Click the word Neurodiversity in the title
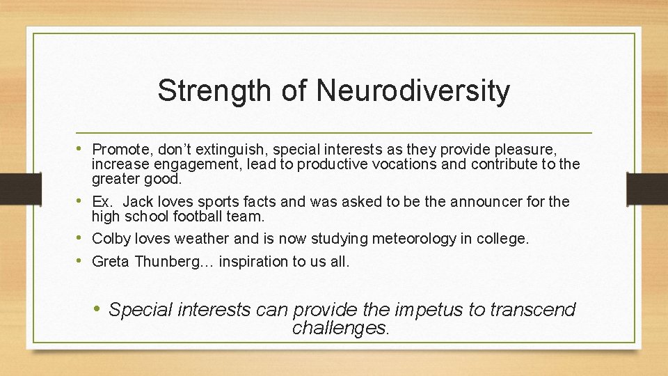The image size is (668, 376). [x=413, y=91]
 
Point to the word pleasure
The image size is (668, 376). [x=529, y=149]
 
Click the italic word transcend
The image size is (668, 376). [x=533, y=309]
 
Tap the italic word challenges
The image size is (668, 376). [x=340, y=327]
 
